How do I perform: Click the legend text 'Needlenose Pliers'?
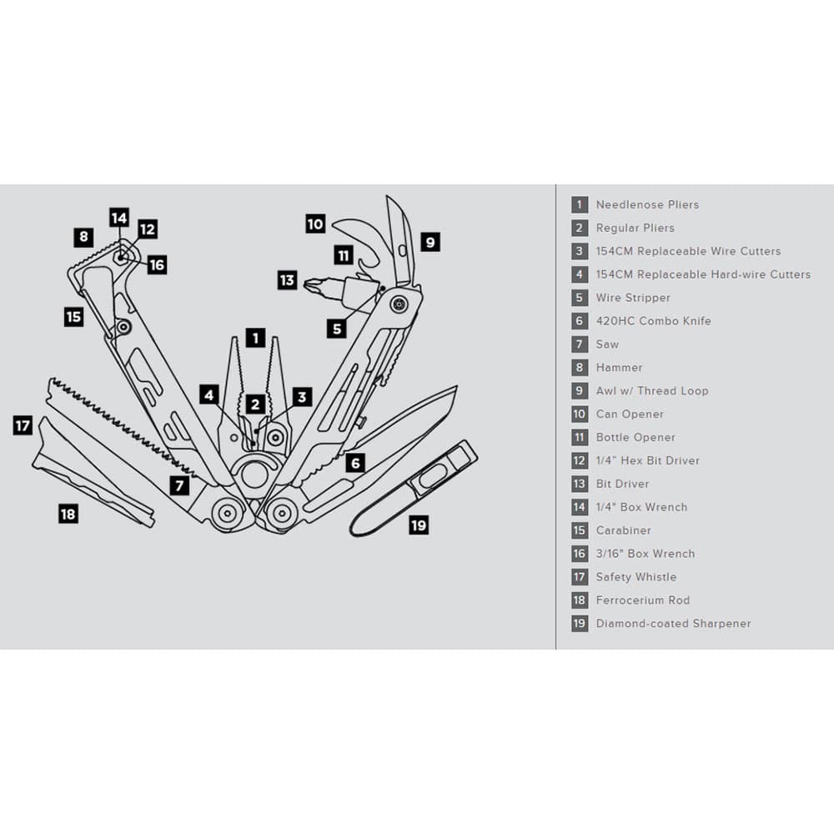pos(647,204)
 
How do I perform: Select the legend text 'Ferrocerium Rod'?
pos(642,600)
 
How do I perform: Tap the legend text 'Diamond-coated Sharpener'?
pos(673,623)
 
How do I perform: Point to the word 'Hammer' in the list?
pos(619,367)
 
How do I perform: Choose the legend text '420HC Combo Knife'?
pos(653,320)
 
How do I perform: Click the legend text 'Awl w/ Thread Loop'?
pos(651,390)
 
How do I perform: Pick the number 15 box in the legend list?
pos(580,530)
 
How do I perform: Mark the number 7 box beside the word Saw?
pos(580,344)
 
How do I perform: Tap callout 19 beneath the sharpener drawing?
pos(419,525)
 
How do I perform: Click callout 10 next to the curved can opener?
pos(315,224)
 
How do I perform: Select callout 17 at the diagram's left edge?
pos(23,426)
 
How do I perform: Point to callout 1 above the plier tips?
pos(255,339)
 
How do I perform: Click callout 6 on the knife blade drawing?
pos(355,463)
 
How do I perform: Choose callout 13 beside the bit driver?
pos(287,280)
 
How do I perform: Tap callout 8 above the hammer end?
pos(83,237)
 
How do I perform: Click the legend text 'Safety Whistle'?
pos(636,576)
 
